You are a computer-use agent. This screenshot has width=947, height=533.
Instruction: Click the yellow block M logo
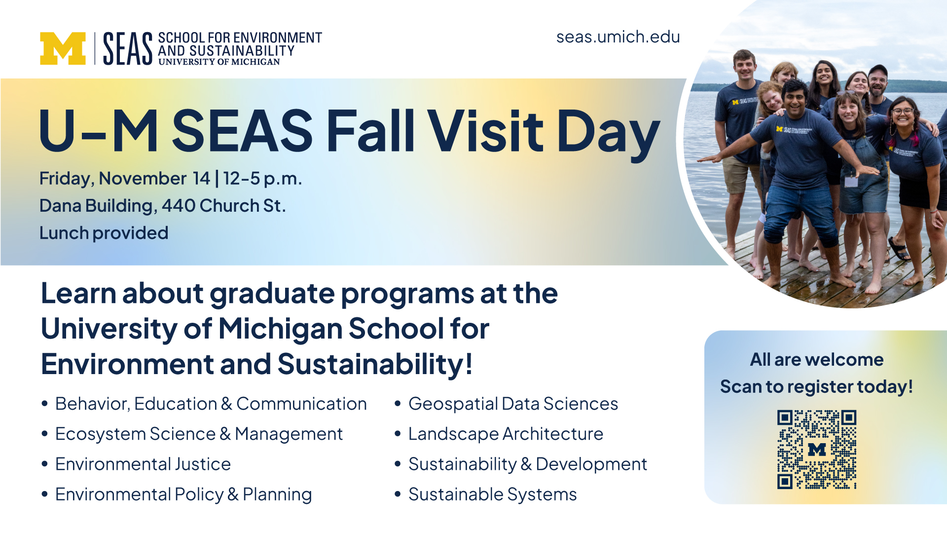[x=63, y=48]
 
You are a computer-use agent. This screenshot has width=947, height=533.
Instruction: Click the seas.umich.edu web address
[x=618, y=37]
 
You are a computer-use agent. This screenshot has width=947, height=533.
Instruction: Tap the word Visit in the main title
[x=485, y=131]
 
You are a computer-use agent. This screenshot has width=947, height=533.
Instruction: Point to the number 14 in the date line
[x=202, y=178]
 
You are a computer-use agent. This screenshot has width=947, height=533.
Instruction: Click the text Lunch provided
[x=104, y=233]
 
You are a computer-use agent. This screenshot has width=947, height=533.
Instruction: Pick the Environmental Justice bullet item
[x=143, y=464]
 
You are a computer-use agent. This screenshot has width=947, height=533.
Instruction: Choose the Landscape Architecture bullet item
[x=506, y=434]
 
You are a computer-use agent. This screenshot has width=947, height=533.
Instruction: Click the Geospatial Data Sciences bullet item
[x=513, y=404]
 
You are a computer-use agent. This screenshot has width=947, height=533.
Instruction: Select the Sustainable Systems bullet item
[x=492, y=494]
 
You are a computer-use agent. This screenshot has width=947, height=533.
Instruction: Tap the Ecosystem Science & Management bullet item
[x=199, y=434]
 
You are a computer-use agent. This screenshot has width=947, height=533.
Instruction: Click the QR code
[x=817, y=450]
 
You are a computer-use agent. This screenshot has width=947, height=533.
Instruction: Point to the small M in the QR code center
[x=817, y=449]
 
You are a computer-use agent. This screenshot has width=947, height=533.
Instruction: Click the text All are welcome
[x=817, y=360]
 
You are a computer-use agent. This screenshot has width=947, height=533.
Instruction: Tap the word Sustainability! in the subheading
[x=375, y=364]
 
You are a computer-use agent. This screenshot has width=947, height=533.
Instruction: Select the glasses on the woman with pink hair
[x=903, y=112]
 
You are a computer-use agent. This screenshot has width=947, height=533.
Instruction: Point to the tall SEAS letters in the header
[x=128, y=48]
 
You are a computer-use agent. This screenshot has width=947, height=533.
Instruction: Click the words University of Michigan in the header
[x=219, y=62]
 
